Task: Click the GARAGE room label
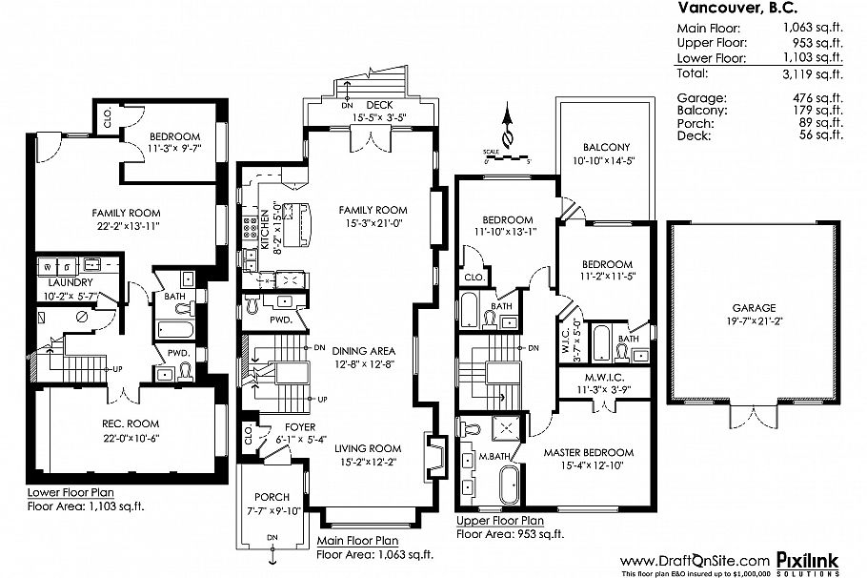coord(754,308)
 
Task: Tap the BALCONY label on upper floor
coord(606,147)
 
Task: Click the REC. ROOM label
coord(131,423)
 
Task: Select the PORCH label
coord(272,497)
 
